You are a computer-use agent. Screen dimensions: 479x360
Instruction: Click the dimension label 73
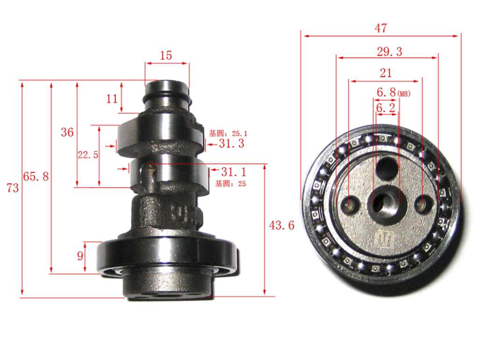(x=13, y=188)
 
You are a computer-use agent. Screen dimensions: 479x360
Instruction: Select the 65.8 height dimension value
(x=36, y=176)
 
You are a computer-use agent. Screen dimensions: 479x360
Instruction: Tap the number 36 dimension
(x=67, y=132)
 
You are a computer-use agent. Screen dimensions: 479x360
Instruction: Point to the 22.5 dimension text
(x=88, y=155)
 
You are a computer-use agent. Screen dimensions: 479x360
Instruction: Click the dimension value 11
(x=112, y=99)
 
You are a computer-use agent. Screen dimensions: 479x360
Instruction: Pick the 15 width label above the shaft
(x=166, y=56)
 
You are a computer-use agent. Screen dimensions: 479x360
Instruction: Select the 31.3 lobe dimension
(x=232, y=143)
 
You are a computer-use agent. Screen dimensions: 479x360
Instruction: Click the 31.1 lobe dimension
(x=234, y=172)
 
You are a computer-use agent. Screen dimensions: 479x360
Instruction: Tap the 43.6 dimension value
(x=282, y=225)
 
